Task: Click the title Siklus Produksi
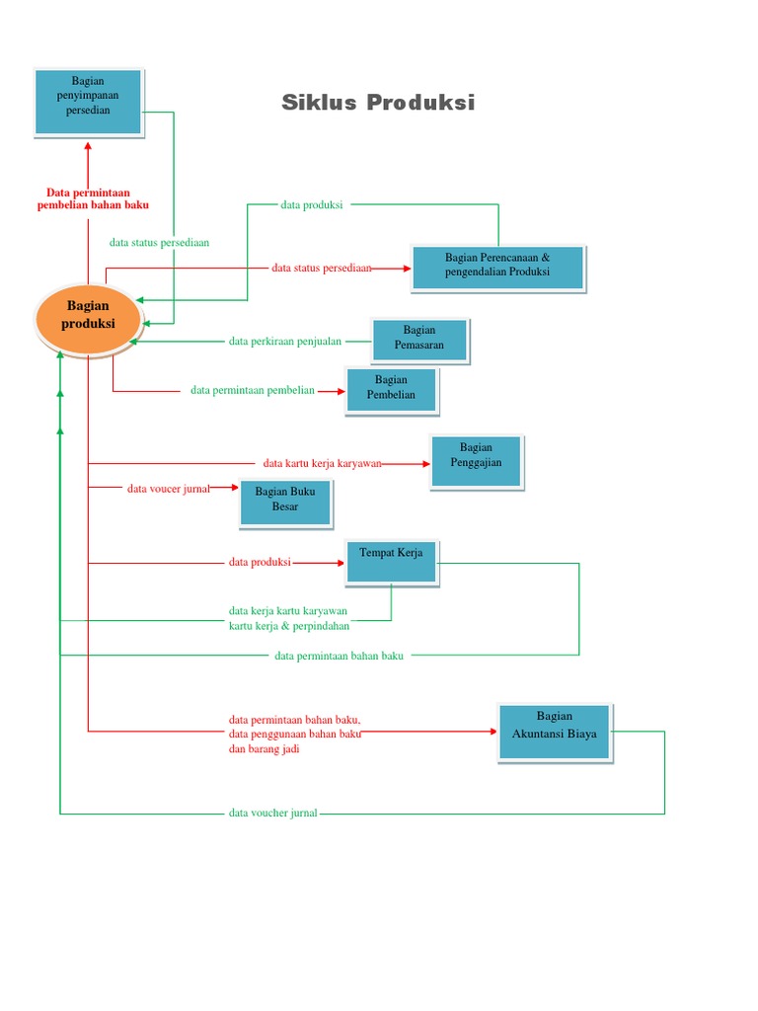[x=378, y=103]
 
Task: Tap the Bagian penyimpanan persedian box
[x=89, y=101]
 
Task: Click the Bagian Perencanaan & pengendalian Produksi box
[x=497, y=266]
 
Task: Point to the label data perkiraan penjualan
[x=285, y=342]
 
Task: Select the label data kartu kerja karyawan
[x=322, y=463]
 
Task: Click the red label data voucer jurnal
[x=168, y=488]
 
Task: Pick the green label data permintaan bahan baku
[x=340, y=656]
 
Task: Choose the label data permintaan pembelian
[x=253, y=390]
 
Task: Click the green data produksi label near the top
[x=311, y=205]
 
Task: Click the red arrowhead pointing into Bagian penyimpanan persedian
[x=88, y=144]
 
